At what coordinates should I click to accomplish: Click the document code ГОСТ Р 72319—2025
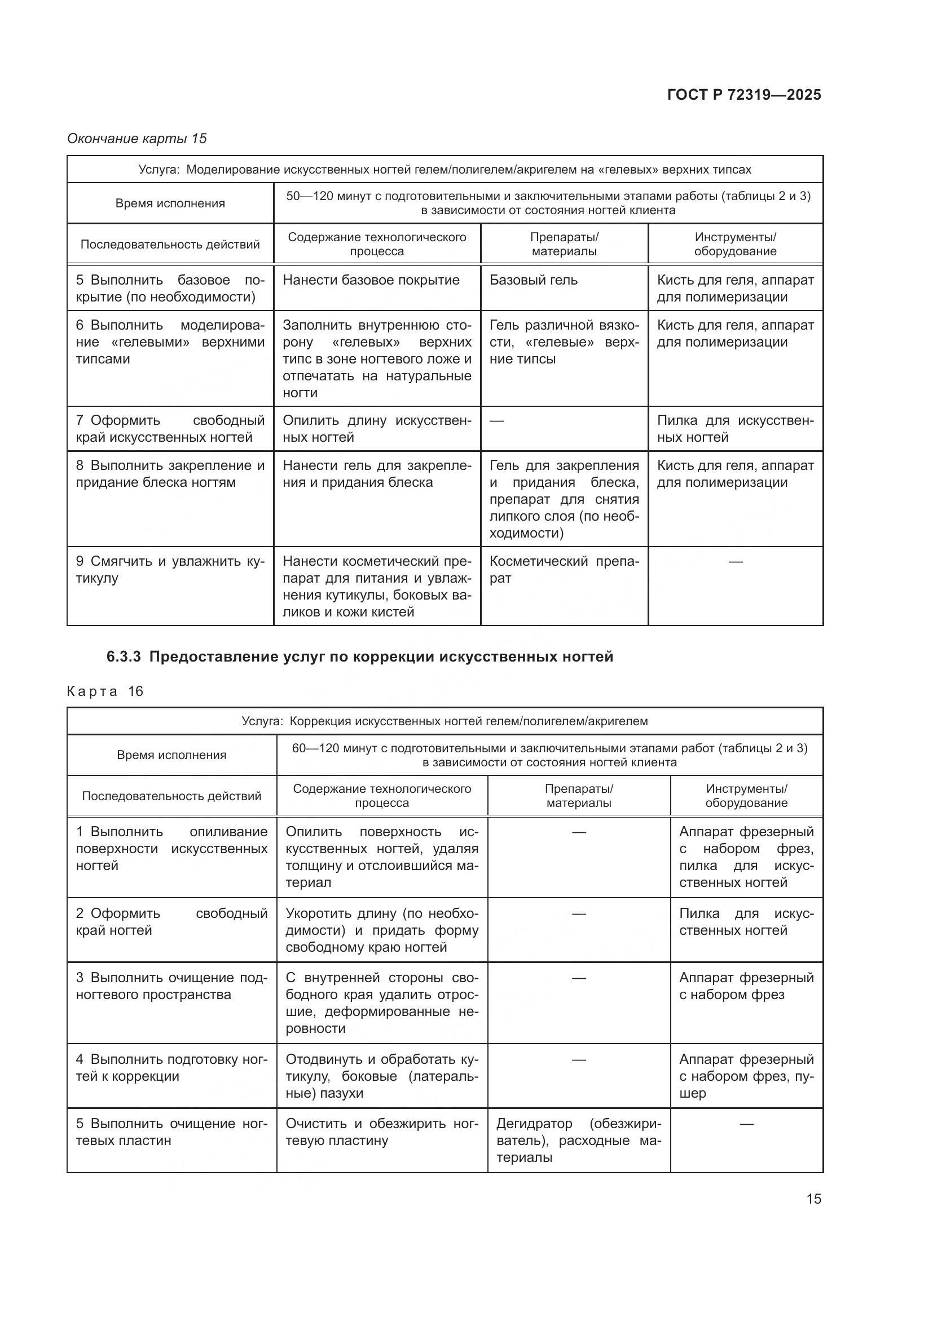pyautogui.click(x=744, y=95)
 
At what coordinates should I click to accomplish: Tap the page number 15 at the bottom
pyautogui.click(x=813, y=1199)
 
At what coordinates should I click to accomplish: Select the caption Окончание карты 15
pyautogui.click(x=137, y=139)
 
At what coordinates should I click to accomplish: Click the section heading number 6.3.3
pyautogui.click(x=124, y=656)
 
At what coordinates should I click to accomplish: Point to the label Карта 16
pyautogui.click(x=105, y=691)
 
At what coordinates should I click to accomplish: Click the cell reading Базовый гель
pyautogui.click(x=533, y=280)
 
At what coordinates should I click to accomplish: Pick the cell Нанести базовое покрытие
pyautogui.click(x=371, y=280)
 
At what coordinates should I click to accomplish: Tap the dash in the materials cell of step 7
pyautogui.click(x=496, y=421)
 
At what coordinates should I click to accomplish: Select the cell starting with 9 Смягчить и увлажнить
pyautogui.click(x=170, y=570)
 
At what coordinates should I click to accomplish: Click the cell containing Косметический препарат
pyautogui.click(x=564, y=570)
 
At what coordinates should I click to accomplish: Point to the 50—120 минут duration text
pyautogui.click(x=548, y=203)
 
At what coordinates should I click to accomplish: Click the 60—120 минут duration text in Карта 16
pyautogui.click(x=549, y=755)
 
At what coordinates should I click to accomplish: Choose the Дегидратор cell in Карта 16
pyautogui.click(x=579, y=1140)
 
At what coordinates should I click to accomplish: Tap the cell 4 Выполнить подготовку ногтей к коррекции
pyautogui.click(x=171, y=1068)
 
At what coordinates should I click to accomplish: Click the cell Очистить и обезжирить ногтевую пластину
pyautogui.click(x=381, y=1132)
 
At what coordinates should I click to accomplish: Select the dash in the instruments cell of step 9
pyautogui.click(x=736, y=561)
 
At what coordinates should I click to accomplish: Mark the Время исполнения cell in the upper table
pyautogui.click(x=170, y=203)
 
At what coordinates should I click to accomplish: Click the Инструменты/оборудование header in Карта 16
pyautogui.click(x=746, y=796)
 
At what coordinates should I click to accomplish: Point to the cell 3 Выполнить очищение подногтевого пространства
pyautogui.click(x=171, y=986)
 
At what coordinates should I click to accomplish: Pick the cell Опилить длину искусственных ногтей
pyautogui.click(x=377, y=429)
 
